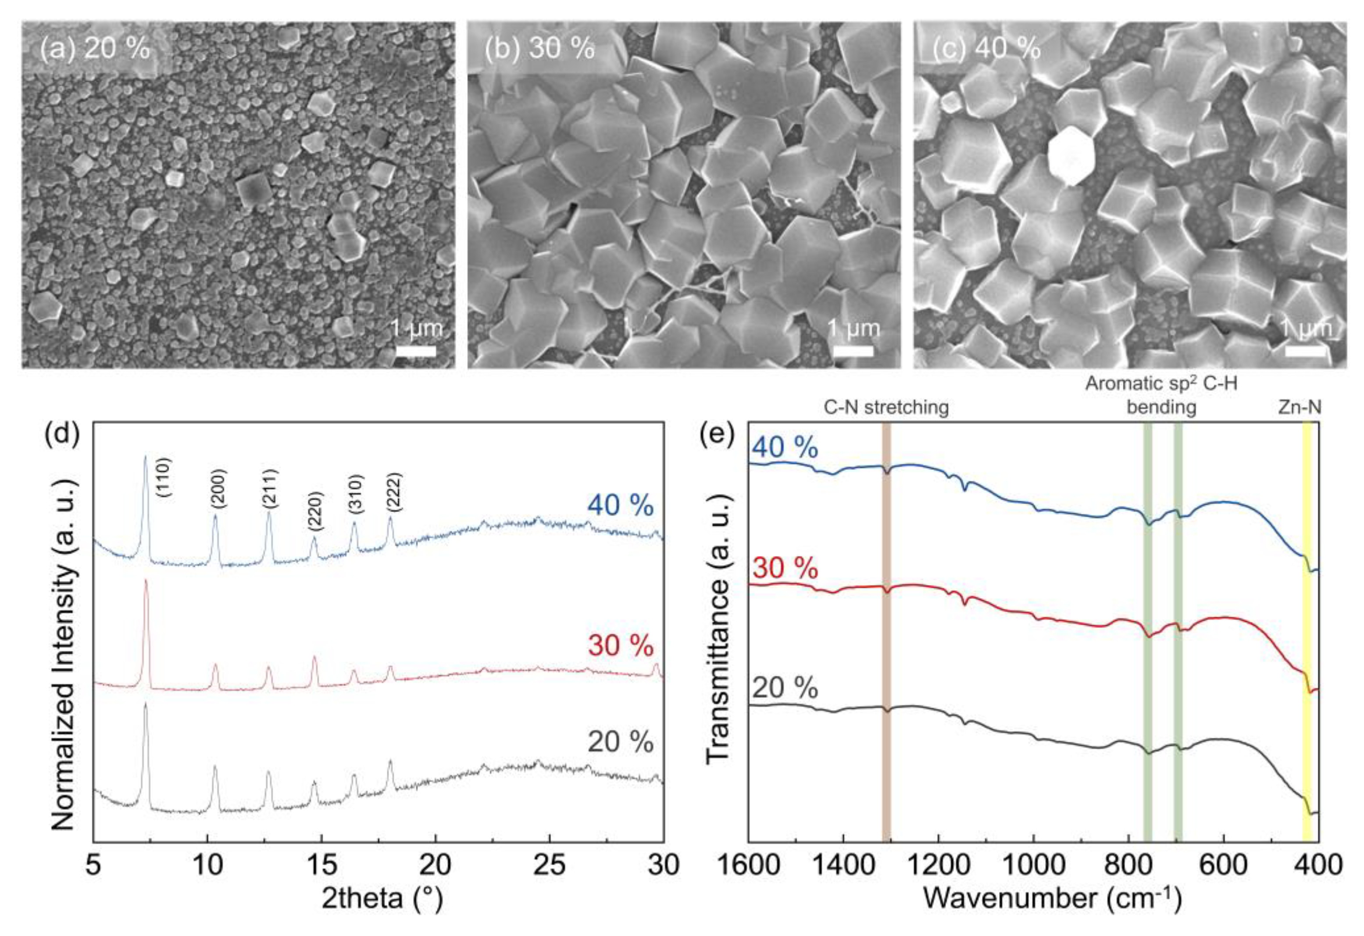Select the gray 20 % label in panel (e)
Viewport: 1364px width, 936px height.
(x=785, y=688)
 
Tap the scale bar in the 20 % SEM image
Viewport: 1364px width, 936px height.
(x=415, y=351)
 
